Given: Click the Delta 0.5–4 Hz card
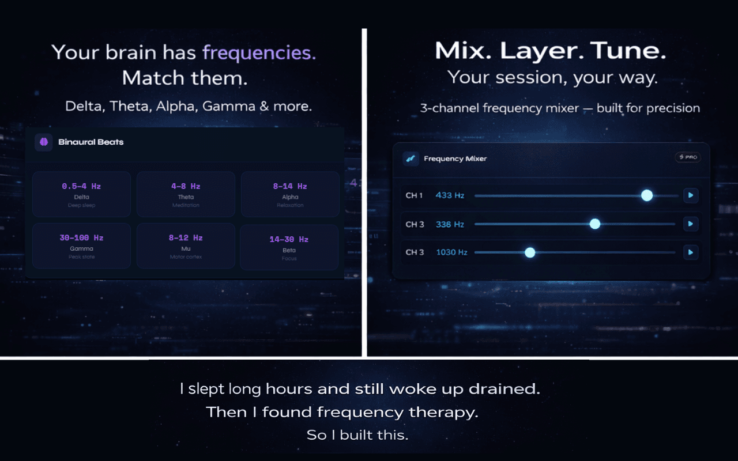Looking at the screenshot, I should [81, 194].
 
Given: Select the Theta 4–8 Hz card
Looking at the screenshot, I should [186, 194].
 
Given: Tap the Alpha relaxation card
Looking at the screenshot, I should [289, 194].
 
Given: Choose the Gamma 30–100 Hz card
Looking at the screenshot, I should [81, 246].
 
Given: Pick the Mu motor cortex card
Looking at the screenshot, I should [186, 246].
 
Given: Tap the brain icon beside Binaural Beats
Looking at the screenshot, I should [44, 142].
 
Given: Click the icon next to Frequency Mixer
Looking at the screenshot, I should [411, 158].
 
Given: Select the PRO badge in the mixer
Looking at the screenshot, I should [688, 157].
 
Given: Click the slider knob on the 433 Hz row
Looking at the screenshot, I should [647, 195].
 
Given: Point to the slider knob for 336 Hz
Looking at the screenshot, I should [595, 224].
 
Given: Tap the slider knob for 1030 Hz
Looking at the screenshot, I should [530, 252].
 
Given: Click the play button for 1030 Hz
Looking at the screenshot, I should [691, 252].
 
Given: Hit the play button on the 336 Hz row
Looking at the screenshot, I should [691, 224].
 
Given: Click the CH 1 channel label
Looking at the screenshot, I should [414, 195].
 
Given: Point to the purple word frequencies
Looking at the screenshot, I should [259, 53].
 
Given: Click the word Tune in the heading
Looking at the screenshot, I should [630, 51].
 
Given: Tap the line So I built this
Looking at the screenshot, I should [357, 435].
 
